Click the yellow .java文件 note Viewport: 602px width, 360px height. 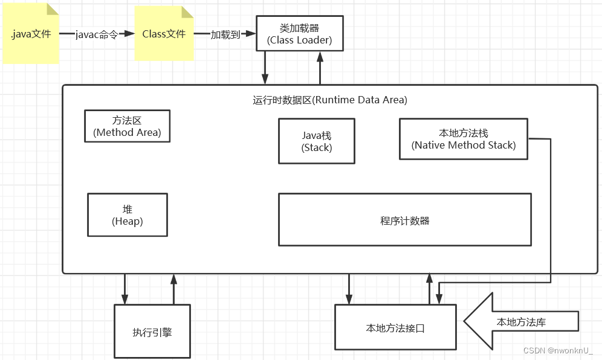coord(31,34)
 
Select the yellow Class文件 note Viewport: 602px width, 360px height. coord(164,34)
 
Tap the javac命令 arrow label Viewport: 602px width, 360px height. coord(97,34)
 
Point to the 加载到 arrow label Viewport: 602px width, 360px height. coord(225,34)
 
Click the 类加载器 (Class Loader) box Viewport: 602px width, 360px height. coord(300,34)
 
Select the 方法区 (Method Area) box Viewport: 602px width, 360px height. coord(127,126)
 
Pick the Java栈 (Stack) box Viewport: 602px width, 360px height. coord(316,141)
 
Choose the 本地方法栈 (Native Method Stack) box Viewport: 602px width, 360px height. coord(463,139)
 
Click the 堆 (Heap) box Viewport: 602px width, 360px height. coord(127,215)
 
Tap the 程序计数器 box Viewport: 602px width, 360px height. coord(404,220)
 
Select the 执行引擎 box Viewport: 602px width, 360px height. coord(152,331)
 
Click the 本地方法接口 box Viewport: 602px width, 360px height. coord(395,327)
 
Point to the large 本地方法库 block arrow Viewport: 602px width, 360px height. coord(520,321)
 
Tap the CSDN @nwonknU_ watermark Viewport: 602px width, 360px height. coord(557,350)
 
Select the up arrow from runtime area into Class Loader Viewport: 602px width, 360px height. coord(320,68)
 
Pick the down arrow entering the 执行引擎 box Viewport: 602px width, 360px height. coord(125,289)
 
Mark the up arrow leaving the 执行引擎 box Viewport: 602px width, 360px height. coord(173,289)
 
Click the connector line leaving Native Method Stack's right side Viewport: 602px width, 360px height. coord(549,205)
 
